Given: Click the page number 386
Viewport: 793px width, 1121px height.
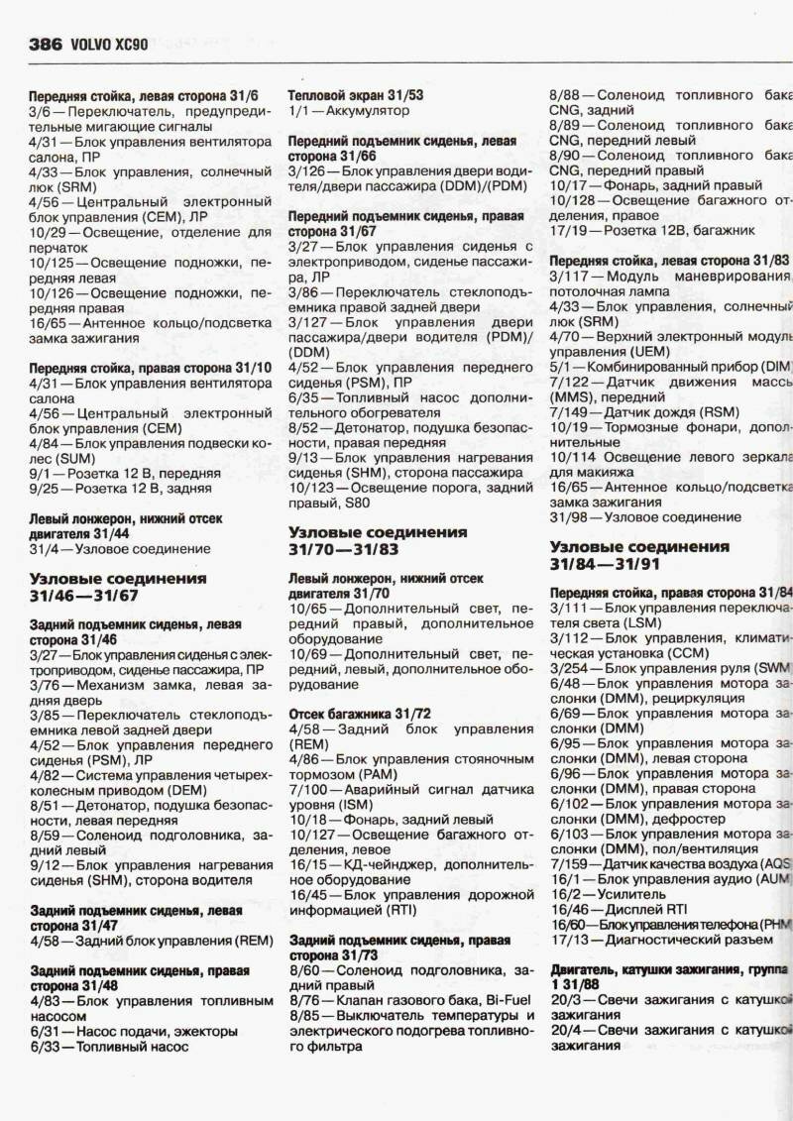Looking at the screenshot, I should [x=46, y=44].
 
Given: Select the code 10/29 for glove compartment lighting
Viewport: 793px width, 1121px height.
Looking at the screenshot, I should [x=50, y=232].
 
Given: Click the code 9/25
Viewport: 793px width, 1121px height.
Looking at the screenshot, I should [x=45, y=489].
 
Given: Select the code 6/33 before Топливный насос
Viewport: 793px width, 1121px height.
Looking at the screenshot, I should [x=46, y=1046].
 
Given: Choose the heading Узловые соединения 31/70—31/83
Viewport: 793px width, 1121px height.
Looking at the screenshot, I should [x=377, y=540].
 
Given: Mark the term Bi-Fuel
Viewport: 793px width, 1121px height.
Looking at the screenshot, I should [x=502, y=999].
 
